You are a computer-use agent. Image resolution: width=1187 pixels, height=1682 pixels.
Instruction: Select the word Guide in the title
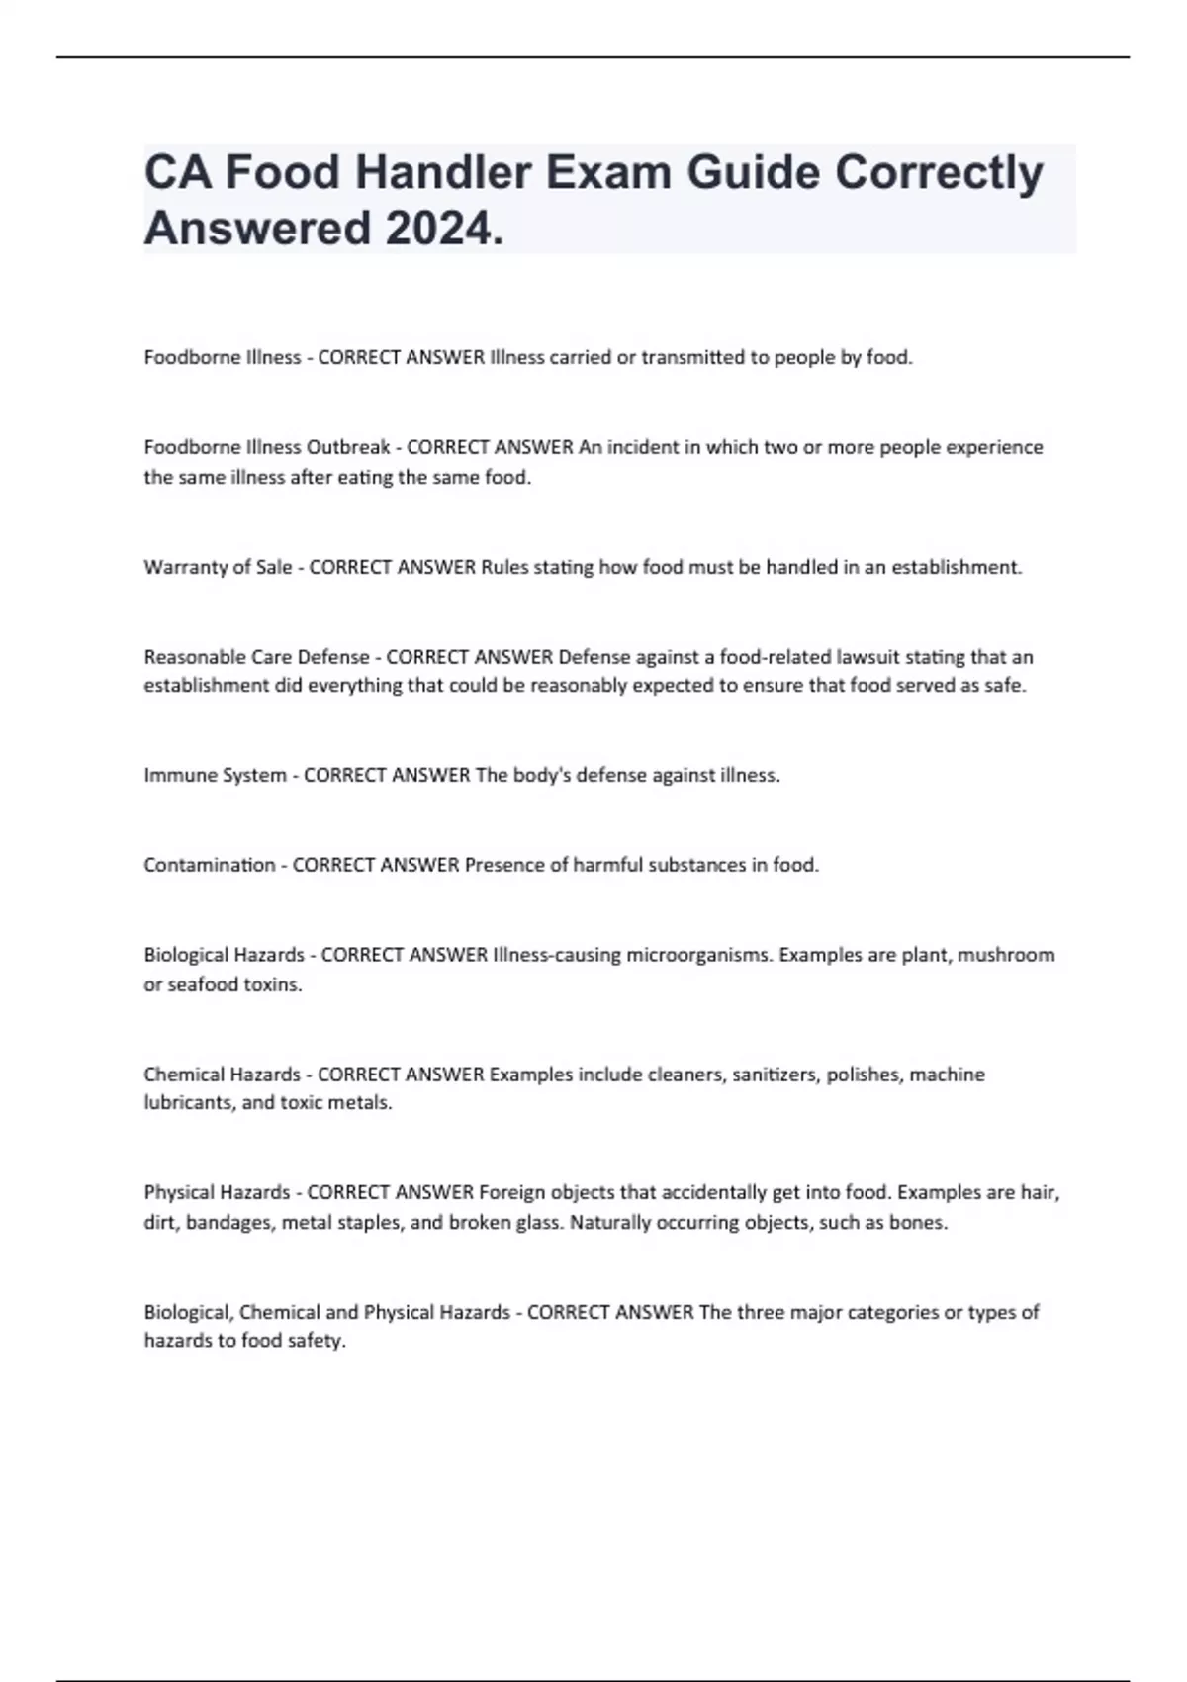click(753, 172)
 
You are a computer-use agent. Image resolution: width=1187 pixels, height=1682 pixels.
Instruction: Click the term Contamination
click(210, 865)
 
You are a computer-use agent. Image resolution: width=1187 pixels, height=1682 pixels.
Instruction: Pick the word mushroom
click(1006, 955)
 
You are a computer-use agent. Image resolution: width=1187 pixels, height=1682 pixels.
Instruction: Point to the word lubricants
click(189, 1103)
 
